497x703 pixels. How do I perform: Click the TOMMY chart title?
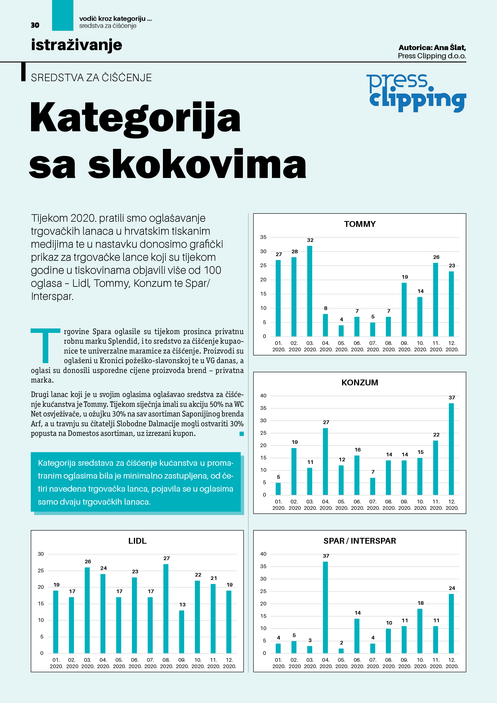[360, 224]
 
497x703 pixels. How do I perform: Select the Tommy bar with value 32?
[310, 291]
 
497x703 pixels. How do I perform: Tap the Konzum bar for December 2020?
[451, 449]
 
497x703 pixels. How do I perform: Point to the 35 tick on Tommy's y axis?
[263, 237]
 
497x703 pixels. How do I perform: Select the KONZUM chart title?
[360, 382]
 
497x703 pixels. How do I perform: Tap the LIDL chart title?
[137, 541]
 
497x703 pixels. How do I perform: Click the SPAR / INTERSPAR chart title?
[360, 541]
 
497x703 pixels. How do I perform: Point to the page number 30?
[35, 25]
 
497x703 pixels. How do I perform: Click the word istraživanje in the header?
[77, 45]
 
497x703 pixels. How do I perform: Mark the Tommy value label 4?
[341, 319]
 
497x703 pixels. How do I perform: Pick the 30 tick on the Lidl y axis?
[41, 554]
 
